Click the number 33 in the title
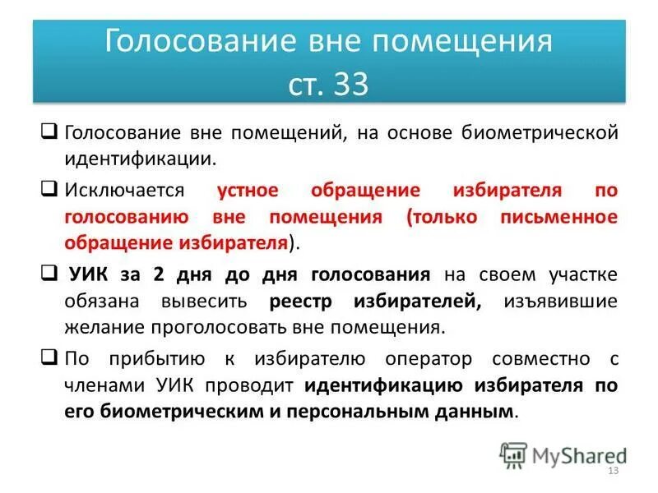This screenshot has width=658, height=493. pos(351,85)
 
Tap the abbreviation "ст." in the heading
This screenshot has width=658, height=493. pos(307,85)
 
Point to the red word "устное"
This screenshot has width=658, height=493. pos(248,191)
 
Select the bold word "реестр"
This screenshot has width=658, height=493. pos(308,301)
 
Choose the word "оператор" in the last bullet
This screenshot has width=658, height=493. pos(422,359)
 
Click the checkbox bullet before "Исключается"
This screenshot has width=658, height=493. pos(49,191)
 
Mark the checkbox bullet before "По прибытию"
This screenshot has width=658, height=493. pos(49,358)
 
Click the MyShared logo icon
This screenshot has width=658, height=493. pos(514,454)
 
